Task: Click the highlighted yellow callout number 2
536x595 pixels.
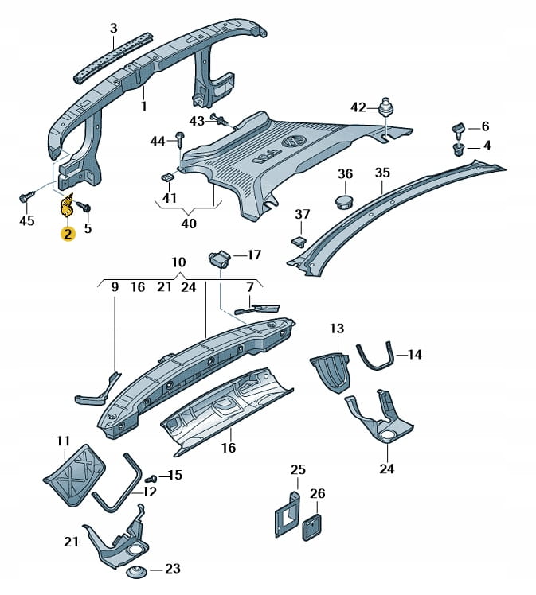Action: tap(68, 233)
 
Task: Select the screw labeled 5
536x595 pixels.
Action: tap(84, 208)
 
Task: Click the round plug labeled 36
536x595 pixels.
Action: tap(343, 198)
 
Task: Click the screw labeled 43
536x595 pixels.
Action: tap(222, 121)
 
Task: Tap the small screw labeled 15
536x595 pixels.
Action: tap(151, 478)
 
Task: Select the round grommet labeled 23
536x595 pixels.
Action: tap(137, 570)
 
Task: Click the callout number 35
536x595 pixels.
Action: tap(382, 173)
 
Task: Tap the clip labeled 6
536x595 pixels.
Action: tap(460, 128)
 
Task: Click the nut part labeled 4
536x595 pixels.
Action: tap(460, 148)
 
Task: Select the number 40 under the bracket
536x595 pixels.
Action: tap(189, 224)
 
